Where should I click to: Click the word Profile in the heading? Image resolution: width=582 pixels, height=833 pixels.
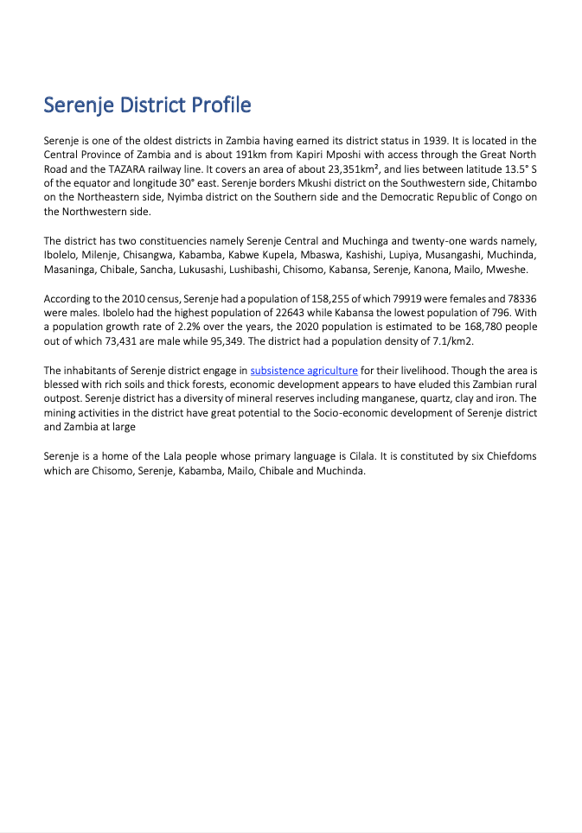(x=221, y=105)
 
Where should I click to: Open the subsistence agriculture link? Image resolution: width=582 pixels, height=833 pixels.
(x=304, y=371)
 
